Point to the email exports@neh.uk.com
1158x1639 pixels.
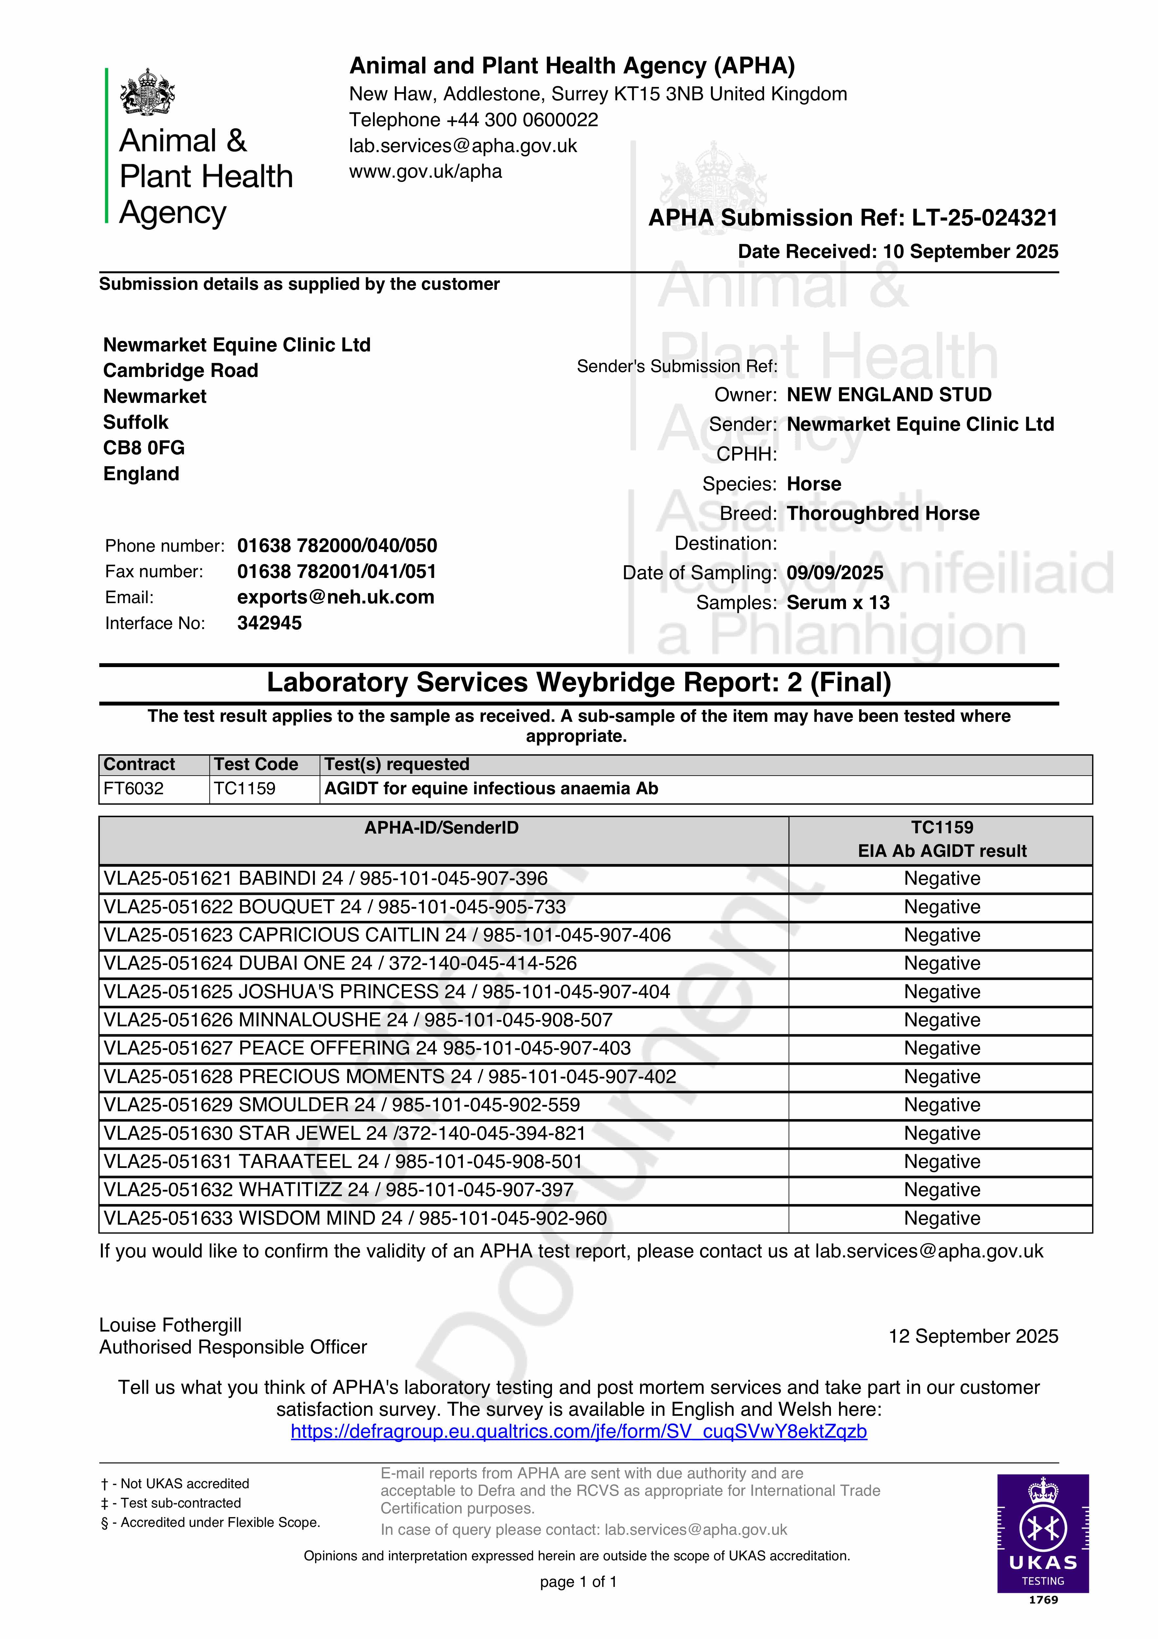[x=336, y=598]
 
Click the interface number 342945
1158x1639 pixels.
[x=269, y=623]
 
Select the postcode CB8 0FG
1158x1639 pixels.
[x=144, y=447]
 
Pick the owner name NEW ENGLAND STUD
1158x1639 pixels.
[x=889, y=395]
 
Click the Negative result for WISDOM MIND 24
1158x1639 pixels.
[x=942, y=1218]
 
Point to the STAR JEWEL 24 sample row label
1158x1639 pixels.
[x=344, y=1134]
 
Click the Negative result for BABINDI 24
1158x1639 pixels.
[x=942, y=879]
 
